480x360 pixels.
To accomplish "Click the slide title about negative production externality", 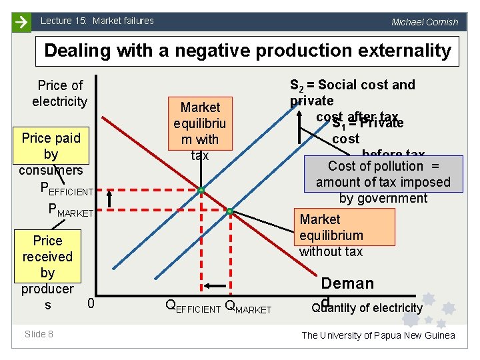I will (x=247, y=51).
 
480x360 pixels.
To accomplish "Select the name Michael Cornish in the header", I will (x=425, y=22).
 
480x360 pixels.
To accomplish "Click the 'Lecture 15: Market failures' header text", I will (x=97, y=21).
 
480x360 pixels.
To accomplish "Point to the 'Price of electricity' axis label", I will (x=59, y=93).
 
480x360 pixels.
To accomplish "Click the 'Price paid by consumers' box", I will (x=51, y=153).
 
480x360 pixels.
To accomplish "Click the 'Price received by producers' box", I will (x=47, y=272).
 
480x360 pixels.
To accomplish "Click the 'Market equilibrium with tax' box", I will (x=200, y=131).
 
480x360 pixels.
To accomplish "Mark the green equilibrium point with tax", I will (x=200, y=191).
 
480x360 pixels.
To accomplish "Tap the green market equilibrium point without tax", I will (x=229, y=211).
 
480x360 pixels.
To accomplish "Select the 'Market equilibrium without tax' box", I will (x=345, y=235).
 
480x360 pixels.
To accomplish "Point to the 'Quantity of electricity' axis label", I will (x=367, y=307).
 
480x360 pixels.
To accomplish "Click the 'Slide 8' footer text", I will (x=39, y=334).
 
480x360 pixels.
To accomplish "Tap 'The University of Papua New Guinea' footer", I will (x=378, y=335).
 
